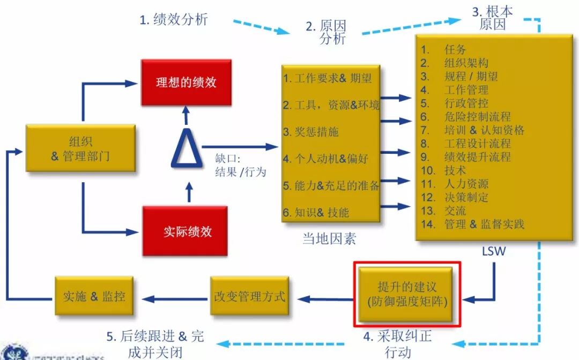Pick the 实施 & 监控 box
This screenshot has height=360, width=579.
(x=94, y=296)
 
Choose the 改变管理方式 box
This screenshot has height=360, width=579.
(x=249, y=296)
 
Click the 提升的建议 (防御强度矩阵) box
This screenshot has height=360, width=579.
(x=407, y=294)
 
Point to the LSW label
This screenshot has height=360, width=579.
(x=493, y=251)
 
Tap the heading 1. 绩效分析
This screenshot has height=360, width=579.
(x=173, y=20)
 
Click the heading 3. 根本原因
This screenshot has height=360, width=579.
(x=492, y=18)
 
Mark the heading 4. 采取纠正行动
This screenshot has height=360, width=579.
(x=397, y=344)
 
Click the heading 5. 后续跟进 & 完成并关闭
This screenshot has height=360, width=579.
(x=155, y=343)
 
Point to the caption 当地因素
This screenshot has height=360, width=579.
(x=329, y=238)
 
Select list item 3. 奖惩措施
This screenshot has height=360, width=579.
(x=311, y=132)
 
